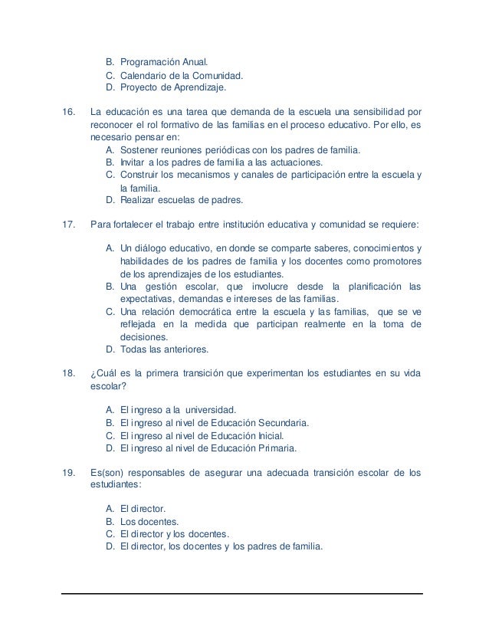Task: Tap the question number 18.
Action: pos(67,373)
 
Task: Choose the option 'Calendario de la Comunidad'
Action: pos(181,76)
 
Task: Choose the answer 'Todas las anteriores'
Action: pos(164,349)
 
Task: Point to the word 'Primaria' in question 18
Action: pos(273,448)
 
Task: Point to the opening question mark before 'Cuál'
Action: pos(92,373)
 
